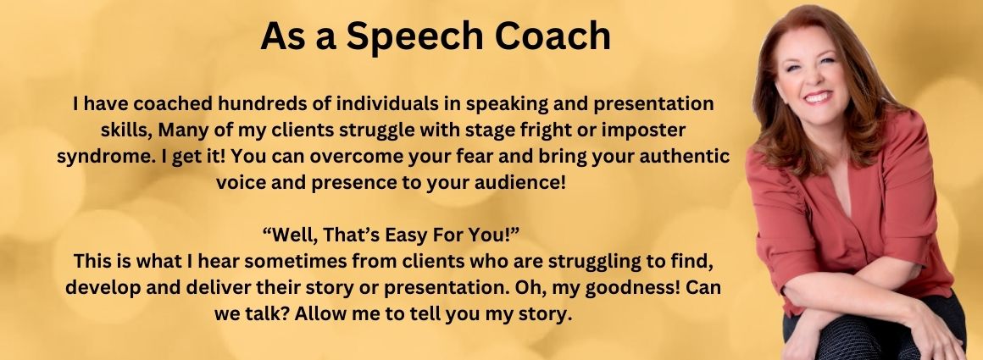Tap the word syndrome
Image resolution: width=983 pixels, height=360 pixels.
pos(97,158)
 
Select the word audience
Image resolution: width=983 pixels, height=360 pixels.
pos(529,183)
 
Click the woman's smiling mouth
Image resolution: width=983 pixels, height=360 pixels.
pos(818,97)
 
